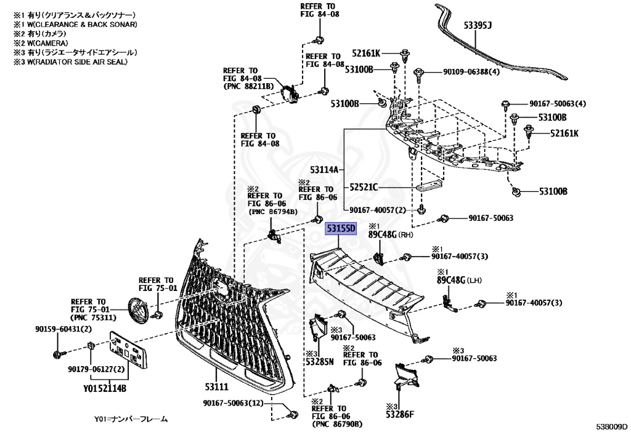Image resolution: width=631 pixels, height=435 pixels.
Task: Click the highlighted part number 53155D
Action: click(341, 229)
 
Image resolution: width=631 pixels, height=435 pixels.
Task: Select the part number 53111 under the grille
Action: click(216, 386)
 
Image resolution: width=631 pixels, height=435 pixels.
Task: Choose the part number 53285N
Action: click(319, 361)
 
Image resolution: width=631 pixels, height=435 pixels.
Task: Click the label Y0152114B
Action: click(105, 388)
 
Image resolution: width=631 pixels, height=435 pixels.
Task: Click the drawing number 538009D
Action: click(611, 426)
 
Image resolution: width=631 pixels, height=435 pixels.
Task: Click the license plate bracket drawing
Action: click(128, 351)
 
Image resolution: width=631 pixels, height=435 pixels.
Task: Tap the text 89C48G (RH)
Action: click(391, 234)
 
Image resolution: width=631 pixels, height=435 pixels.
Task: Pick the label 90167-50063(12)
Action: click(233, 404)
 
